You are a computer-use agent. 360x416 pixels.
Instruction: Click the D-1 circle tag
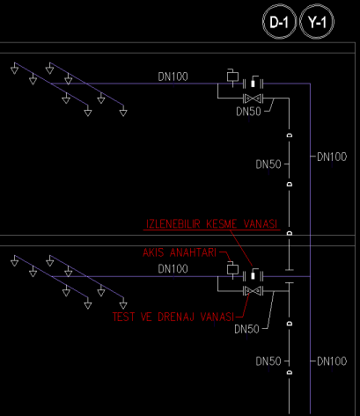(279, 22)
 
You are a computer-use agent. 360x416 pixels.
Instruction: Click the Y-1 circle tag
(317, 22)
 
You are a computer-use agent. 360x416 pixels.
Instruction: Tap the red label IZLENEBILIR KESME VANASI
(211, 224)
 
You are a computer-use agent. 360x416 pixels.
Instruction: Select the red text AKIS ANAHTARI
(180, 252)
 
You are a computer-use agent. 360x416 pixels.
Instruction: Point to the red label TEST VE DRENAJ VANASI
(173, 317)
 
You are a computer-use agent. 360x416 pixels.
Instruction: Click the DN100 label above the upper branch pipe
(173, 77)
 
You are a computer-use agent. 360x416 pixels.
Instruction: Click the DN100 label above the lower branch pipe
(173, 269)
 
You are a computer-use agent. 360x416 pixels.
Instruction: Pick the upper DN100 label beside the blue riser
(332, 157)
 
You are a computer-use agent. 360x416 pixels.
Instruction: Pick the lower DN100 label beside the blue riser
(332, 361)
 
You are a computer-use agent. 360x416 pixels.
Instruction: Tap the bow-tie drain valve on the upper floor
(253, 99)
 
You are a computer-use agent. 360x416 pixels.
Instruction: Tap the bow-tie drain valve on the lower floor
(253, 291)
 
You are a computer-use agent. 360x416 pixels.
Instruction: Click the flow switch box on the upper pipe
(232, 77)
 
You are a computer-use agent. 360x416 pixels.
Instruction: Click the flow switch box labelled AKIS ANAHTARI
(232, 269)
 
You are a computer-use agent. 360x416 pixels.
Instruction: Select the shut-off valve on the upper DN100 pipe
(253, 83)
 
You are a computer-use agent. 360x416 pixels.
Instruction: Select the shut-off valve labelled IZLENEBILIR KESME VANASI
(253, 275)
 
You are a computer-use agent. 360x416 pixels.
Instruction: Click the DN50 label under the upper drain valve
(248, 112)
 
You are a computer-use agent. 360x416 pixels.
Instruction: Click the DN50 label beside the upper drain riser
(268, 164)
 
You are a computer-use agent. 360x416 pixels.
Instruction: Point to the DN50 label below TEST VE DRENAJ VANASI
(246, 329)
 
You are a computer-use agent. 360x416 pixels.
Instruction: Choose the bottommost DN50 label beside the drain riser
(268, 361)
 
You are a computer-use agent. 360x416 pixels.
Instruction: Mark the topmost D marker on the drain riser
(290, 135)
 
